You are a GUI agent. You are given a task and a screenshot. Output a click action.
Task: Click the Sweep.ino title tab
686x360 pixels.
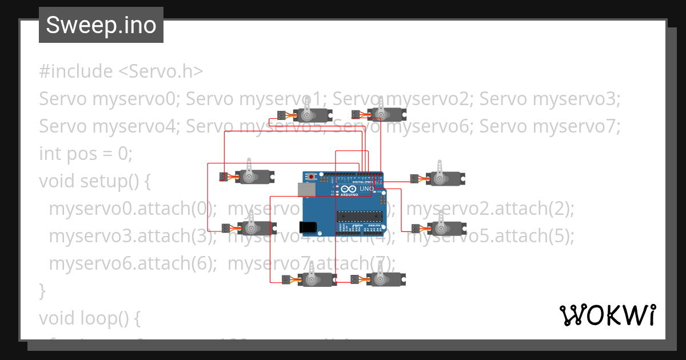coord(101,25)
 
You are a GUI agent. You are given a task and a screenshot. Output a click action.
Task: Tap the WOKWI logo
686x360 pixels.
coord(607,315)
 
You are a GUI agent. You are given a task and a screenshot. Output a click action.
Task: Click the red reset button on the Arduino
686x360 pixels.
coord(311,176)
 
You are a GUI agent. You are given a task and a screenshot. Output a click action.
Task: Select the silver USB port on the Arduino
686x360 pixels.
coord(308,189)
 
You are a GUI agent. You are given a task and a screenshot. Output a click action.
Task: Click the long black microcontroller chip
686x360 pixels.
coord(359,216)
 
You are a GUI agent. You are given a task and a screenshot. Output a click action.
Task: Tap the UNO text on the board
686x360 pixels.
coord(366,189)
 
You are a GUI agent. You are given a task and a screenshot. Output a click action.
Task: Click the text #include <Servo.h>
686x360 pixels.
coord(121,71)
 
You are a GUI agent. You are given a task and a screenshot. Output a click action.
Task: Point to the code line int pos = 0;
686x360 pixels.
coord(86,154)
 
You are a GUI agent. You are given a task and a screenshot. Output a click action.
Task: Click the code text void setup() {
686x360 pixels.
coord(95,181)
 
